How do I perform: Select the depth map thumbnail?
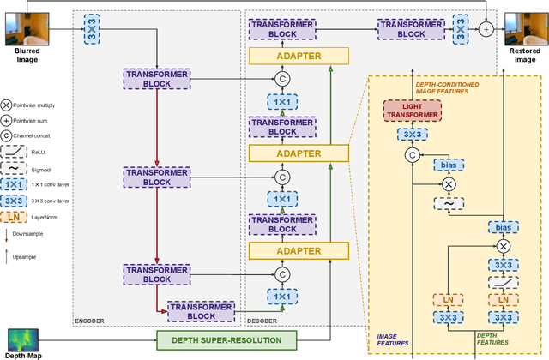pos(25,339)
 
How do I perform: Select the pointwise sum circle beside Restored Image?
pos(486,29)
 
